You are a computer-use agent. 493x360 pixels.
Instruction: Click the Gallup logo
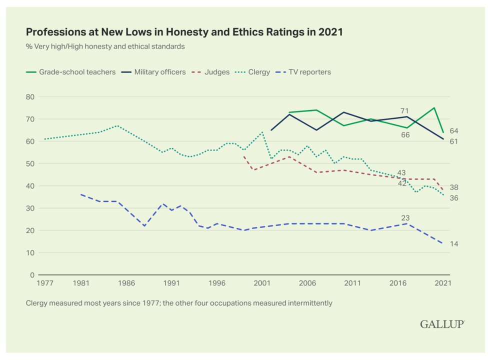[x=442, y=324]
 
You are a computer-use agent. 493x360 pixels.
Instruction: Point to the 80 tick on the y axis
[x=30, y=96]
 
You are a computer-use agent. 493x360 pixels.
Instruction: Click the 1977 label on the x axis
[x=45, y=283]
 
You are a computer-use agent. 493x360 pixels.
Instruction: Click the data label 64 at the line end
[x=453, y=131]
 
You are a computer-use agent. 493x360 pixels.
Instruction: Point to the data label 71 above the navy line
[x=404, y=110]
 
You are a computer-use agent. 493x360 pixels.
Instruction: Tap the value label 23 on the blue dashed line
[x=405, y=218]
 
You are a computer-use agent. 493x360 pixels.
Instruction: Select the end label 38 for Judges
[x=453, y=187]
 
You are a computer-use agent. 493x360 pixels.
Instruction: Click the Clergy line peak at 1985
[x=117, y=126]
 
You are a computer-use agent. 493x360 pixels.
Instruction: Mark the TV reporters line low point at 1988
[x=144, y=226]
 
